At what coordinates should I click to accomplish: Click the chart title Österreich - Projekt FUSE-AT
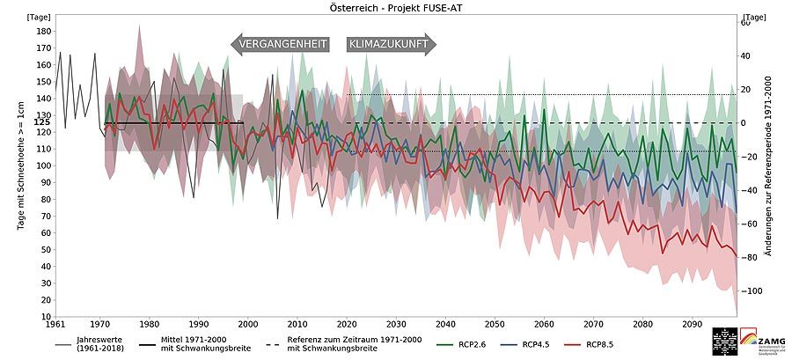[x=396, y=7]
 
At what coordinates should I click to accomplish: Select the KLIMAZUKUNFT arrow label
[x=388, y=45]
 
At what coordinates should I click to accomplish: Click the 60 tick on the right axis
[x=744, y=23]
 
